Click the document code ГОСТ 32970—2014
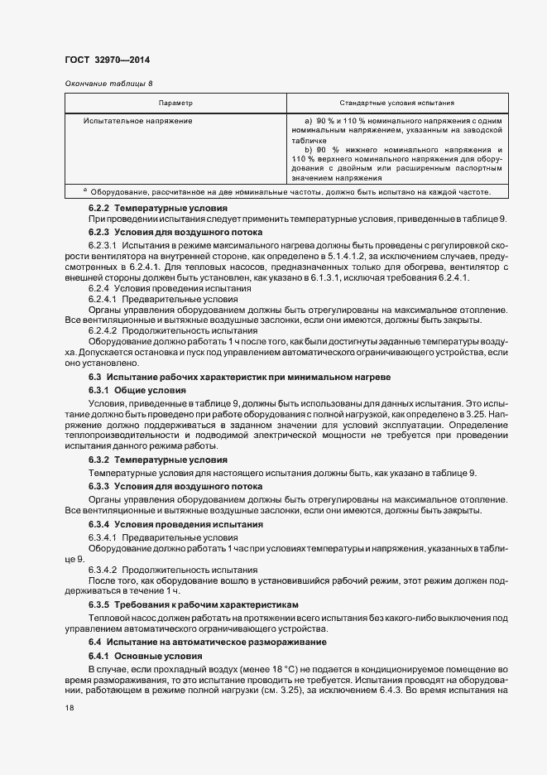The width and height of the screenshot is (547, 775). tap(108, 59)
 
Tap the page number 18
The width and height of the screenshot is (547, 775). tap(69, 708)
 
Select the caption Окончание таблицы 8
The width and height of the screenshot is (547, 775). tap(108, 84)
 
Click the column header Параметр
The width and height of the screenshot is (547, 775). tap(175, 103)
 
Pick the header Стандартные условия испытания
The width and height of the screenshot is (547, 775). tap(398, 103)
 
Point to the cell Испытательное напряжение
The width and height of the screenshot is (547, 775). tap(138, 121)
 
